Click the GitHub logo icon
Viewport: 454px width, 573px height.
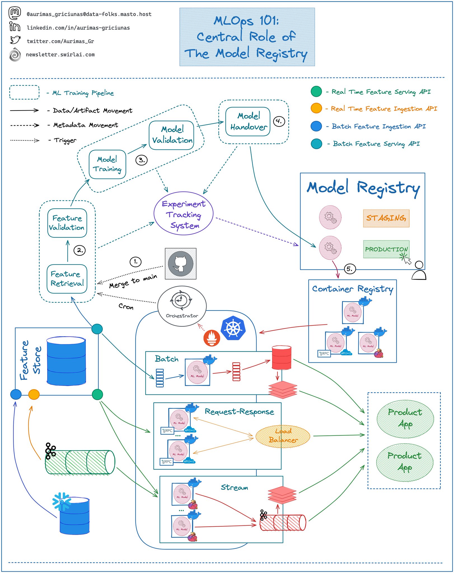click(x=181, y=264)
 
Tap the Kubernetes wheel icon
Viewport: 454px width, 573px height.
click(x=233, y=328)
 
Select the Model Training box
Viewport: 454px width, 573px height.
click(x=107, y=164)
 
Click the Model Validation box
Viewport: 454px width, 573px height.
click(x=172, y=135)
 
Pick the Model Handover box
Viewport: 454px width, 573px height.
click(x=248, y=121)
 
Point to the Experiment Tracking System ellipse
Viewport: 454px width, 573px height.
click(x=184, y=213)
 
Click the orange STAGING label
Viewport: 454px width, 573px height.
click(x=386, y=218)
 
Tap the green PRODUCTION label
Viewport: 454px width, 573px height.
click(x=386, y=249)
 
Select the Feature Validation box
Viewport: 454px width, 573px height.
click(x=67, y=223)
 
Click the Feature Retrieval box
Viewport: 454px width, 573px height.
click(x=67, y=279)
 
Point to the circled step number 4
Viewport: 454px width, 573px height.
click(x=279, y=121)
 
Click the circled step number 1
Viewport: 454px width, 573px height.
click(x=135, y=262)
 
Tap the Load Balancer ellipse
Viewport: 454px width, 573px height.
click(x=283, y=436)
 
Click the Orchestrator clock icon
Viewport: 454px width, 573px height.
click(x=181, y=300)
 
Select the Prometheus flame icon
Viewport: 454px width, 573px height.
click(x=211, y=338)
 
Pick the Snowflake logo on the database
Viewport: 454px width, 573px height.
click(x=62, y=501)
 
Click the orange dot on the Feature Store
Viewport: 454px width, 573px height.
click(x=34, y=394)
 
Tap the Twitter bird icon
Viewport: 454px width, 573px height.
click(x=15, y=40)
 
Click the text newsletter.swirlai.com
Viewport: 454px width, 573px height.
click(x=60, y=55)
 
